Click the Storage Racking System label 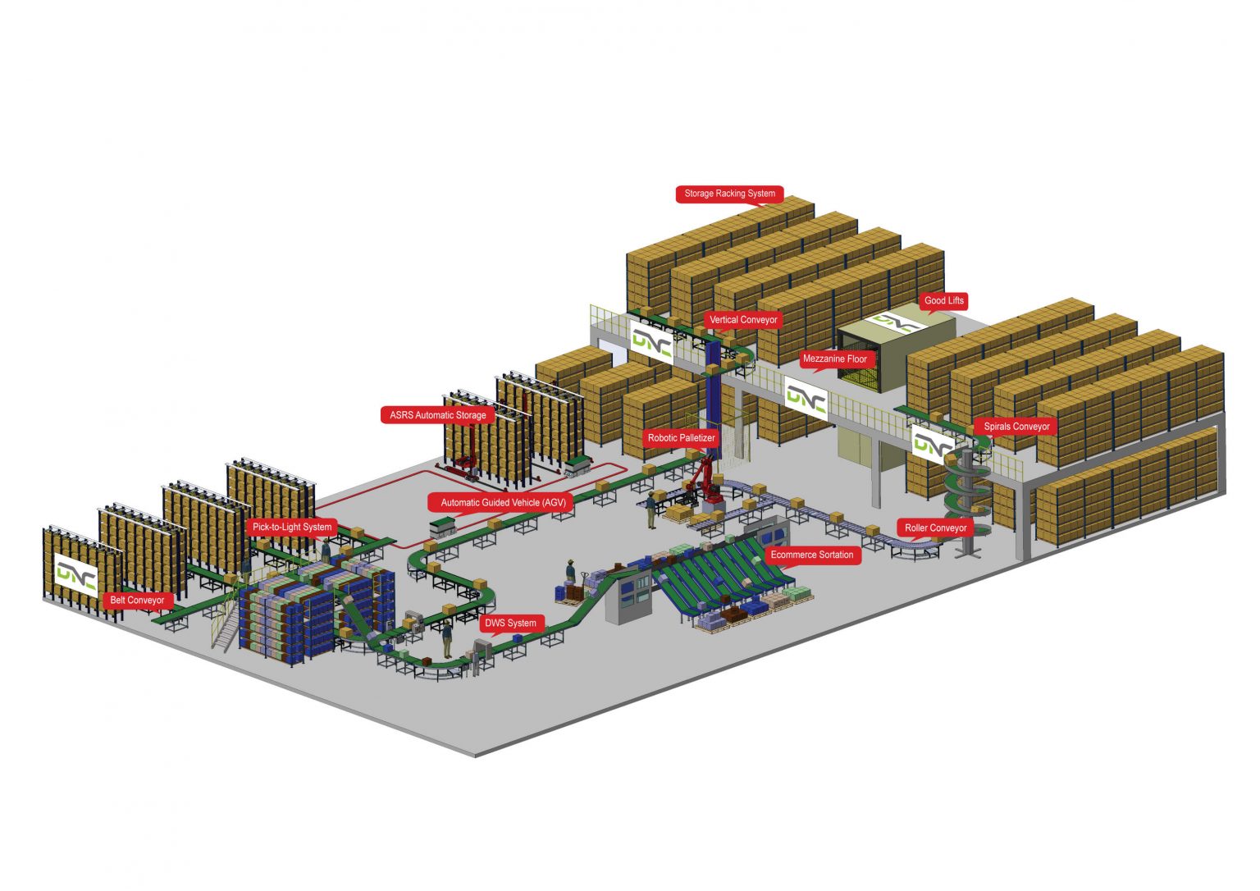coord(729,194)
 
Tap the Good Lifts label coord(943,300)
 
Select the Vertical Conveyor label coord(743,320)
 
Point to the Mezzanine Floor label coord(834,359)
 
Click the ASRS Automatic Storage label coord(437,415)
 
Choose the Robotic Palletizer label coord(681,438)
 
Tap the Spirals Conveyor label coord(1016,427)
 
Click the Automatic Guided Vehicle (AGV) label coord(503,502)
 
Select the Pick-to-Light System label coord(292,527)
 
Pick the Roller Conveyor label coord(935,528)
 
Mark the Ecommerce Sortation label coord(811,555)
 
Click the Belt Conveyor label coord(137,600)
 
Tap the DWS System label coord(510,623)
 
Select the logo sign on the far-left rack coord(76,574)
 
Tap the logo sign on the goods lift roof coord(896,322)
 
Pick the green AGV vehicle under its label coord(443,526)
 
